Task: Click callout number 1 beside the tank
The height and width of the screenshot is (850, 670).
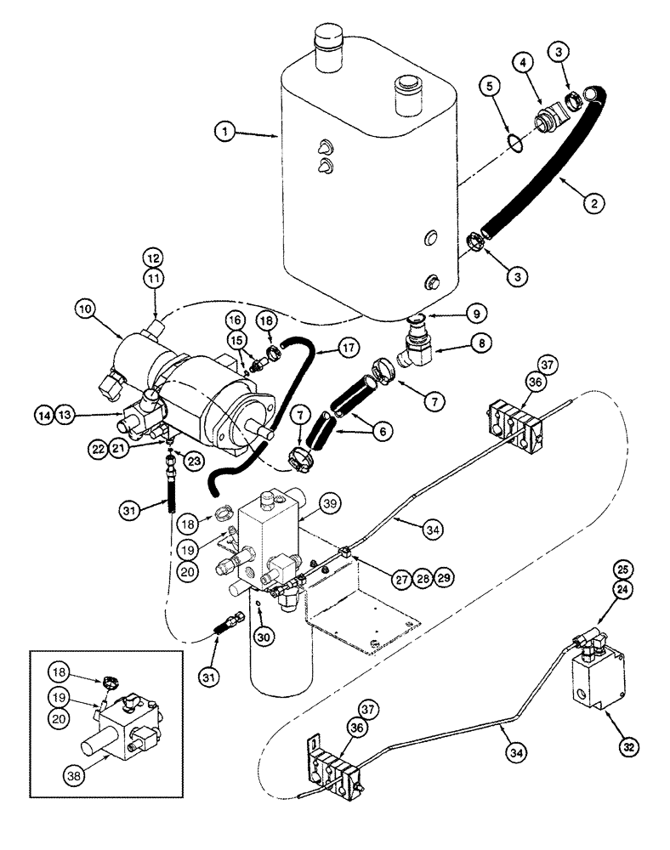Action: point(224,132)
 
